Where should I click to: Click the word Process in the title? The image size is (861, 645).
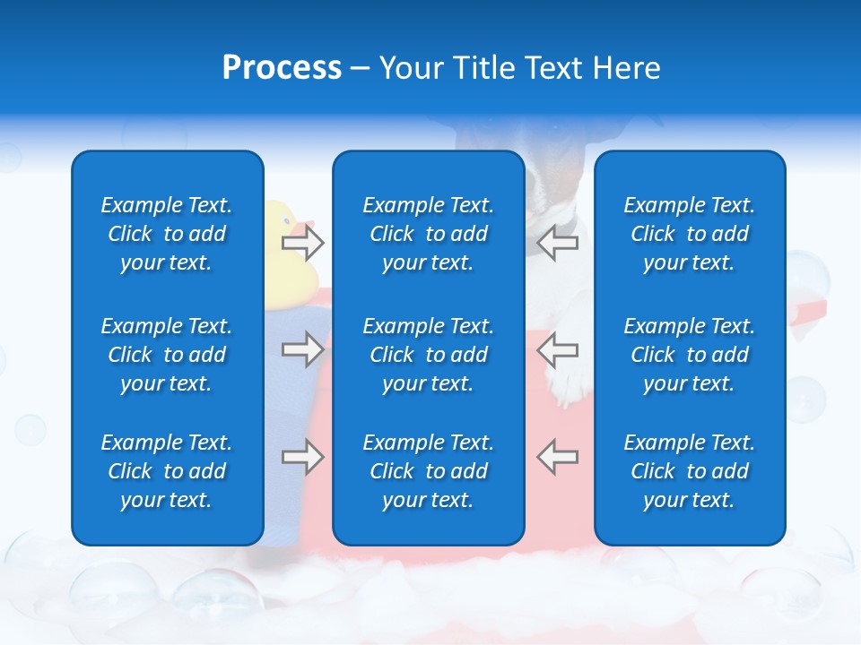pos(282,68)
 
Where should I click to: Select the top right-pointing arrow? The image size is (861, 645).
pos(302,242)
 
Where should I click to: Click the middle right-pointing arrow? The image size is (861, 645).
pos(302,349)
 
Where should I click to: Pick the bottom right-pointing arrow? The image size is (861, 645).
pos(302,457)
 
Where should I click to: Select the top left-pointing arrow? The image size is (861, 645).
pos(557,242)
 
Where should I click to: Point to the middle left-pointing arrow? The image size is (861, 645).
pos(557,349)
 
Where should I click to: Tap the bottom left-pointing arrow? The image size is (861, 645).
pos(557,457)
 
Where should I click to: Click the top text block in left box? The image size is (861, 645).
pos(167,234)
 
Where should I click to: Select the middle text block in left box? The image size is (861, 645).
pos(167,355)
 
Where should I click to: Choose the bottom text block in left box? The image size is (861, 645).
pos(167,471)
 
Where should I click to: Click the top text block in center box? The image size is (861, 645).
pos(428,234)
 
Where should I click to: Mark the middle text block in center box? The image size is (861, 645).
pos(428,355)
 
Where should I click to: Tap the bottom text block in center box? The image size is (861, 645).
pos(428,471)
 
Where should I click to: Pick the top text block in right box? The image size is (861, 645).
pos(690,234)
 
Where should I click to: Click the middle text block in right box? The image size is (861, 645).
pos(690,355)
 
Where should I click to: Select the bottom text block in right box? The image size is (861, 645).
pos(690,471)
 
